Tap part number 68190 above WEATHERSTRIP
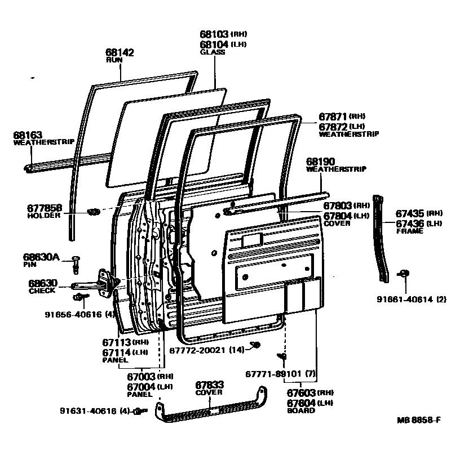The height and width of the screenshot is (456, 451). pyautogui.click(x=321, y=162)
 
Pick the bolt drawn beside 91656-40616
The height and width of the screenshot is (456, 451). pyautogui.click(x=79, y=297)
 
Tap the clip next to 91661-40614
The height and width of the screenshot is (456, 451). pyautogui.click(x=404, y=274)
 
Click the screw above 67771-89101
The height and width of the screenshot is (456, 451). pyautogui.click(x=284, y=356)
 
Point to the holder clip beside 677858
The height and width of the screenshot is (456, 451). pyautogui.click(x=94, y=212)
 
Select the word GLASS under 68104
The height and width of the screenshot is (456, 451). pyautogui.click(x=213, y=52)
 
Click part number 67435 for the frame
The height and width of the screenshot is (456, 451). pyautogui.click(x=410, y=213)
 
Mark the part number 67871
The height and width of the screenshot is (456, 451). pyautogui.click(x=333, y=117)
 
